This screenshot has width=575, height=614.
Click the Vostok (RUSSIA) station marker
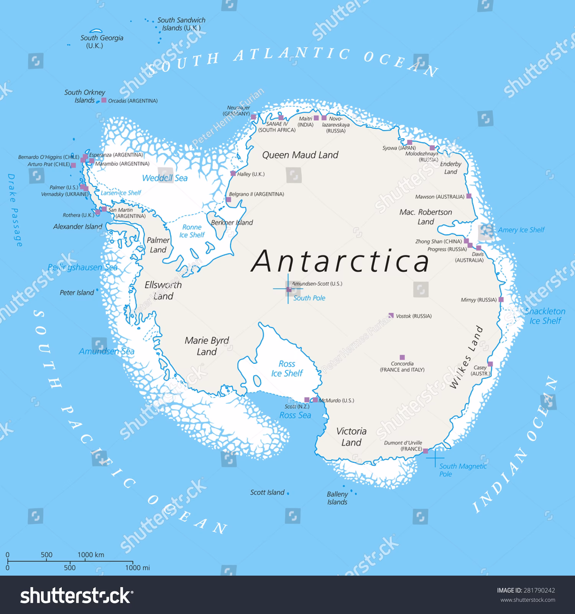point(391,315)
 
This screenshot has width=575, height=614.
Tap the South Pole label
point(309,298)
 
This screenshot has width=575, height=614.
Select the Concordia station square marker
point(402,357)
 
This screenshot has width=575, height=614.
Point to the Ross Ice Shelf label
point(287,368)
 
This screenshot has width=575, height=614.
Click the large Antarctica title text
point(340,261)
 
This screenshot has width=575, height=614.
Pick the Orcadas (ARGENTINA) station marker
point(104,100)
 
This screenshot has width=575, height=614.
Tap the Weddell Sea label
point(165,178)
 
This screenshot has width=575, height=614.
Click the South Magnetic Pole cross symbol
point(435,457)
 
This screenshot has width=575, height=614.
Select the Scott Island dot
point(288,493)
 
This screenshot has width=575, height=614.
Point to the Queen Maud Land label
point(300,155)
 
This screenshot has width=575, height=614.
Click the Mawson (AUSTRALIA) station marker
point(468,196)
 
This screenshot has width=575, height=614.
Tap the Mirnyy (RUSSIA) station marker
point(501,299)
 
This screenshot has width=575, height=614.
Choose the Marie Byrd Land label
point(207,346)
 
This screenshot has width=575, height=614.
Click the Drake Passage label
point(15,210)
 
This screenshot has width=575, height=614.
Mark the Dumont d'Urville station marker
point(425,451)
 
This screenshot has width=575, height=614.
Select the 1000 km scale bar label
point(91,555)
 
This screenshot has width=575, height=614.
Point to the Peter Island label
point(77,293)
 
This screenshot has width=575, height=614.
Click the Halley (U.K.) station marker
point(233,173)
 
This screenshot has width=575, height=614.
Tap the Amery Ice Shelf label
point(521,230)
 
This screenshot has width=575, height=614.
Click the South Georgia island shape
point(95,30)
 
